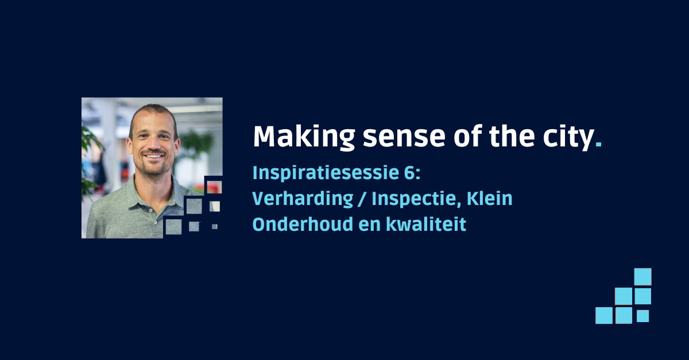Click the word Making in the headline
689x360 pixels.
(x=304, y=137)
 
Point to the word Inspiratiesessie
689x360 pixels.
(x=325, y=173)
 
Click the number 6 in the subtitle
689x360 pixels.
(x=409, y=173)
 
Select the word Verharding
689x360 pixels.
(x=303, y=199)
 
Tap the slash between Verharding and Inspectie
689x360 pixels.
(x=362, y=199)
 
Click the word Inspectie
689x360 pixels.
(x=416, y=199)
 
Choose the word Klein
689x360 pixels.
(x=489, y=199)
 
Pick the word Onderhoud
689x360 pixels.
(x=303, y=224)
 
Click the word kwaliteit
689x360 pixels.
(x=426, y=224)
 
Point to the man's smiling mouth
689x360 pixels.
(x=154, y=156)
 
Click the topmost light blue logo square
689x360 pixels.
(x=642, y=277)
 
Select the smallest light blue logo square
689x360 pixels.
(x=642, y=316)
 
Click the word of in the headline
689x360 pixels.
(x=467, y=137)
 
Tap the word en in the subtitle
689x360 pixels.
(x=370, y=226)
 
